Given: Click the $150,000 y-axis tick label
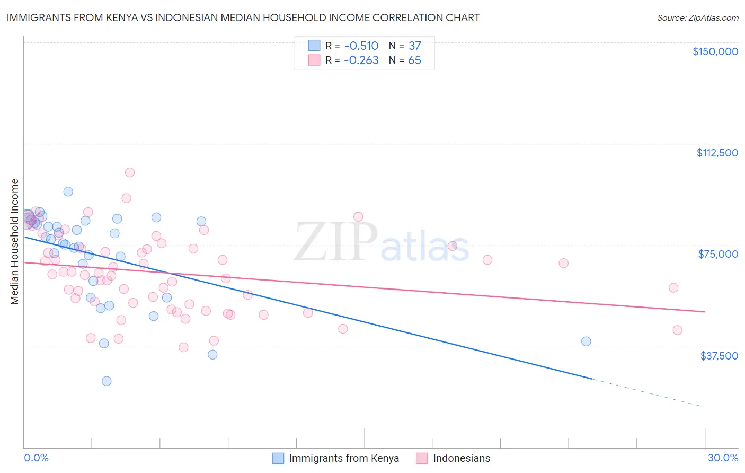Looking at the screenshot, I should (x=715, y=51).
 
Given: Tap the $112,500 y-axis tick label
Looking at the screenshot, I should (x=717, y=153).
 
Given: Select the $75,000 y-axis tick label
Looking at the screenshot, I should (x=718, y=254).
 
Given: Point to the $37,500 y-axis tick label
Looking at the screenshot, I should (x=719, y=356).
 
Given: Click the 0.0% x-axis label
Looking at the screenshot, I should (x=36, y=458).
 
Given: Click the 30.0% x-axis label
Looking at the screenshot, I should (x=723, y=458).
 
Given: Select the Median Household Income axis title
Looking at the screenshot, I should (x=14, y=242).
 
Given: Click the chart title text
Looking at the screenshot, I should (x=243, y=17).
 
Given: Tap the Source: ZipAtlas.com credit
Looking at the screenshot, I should (x=697, y=18).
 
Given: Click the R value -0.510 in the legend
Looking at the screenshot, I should (x=361, y=46).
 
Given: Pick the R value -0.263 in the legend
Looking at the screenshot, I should (x=361, y=60).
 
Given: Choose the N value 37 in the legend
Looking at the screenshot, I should (x=414, y=46).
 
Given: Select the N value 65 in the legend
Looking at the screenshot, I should (x=414, y=60).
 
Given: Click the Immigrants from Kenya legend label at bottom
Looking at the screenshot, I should (x=344, y=458).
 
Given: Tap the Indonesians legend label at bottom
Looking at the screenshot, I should (x=462, y=458).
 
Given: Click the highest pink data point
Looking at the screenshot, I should (x=130, y=172).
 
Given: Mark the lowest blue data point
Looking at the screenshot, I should (x=107, y=381).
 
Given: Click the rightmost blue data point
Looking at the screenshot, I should (x=586, y=341).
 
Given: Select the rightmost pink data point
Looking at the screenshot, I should (x=677, y=330).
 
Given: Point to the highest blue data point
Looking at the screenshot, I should (x=68, y=192).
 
